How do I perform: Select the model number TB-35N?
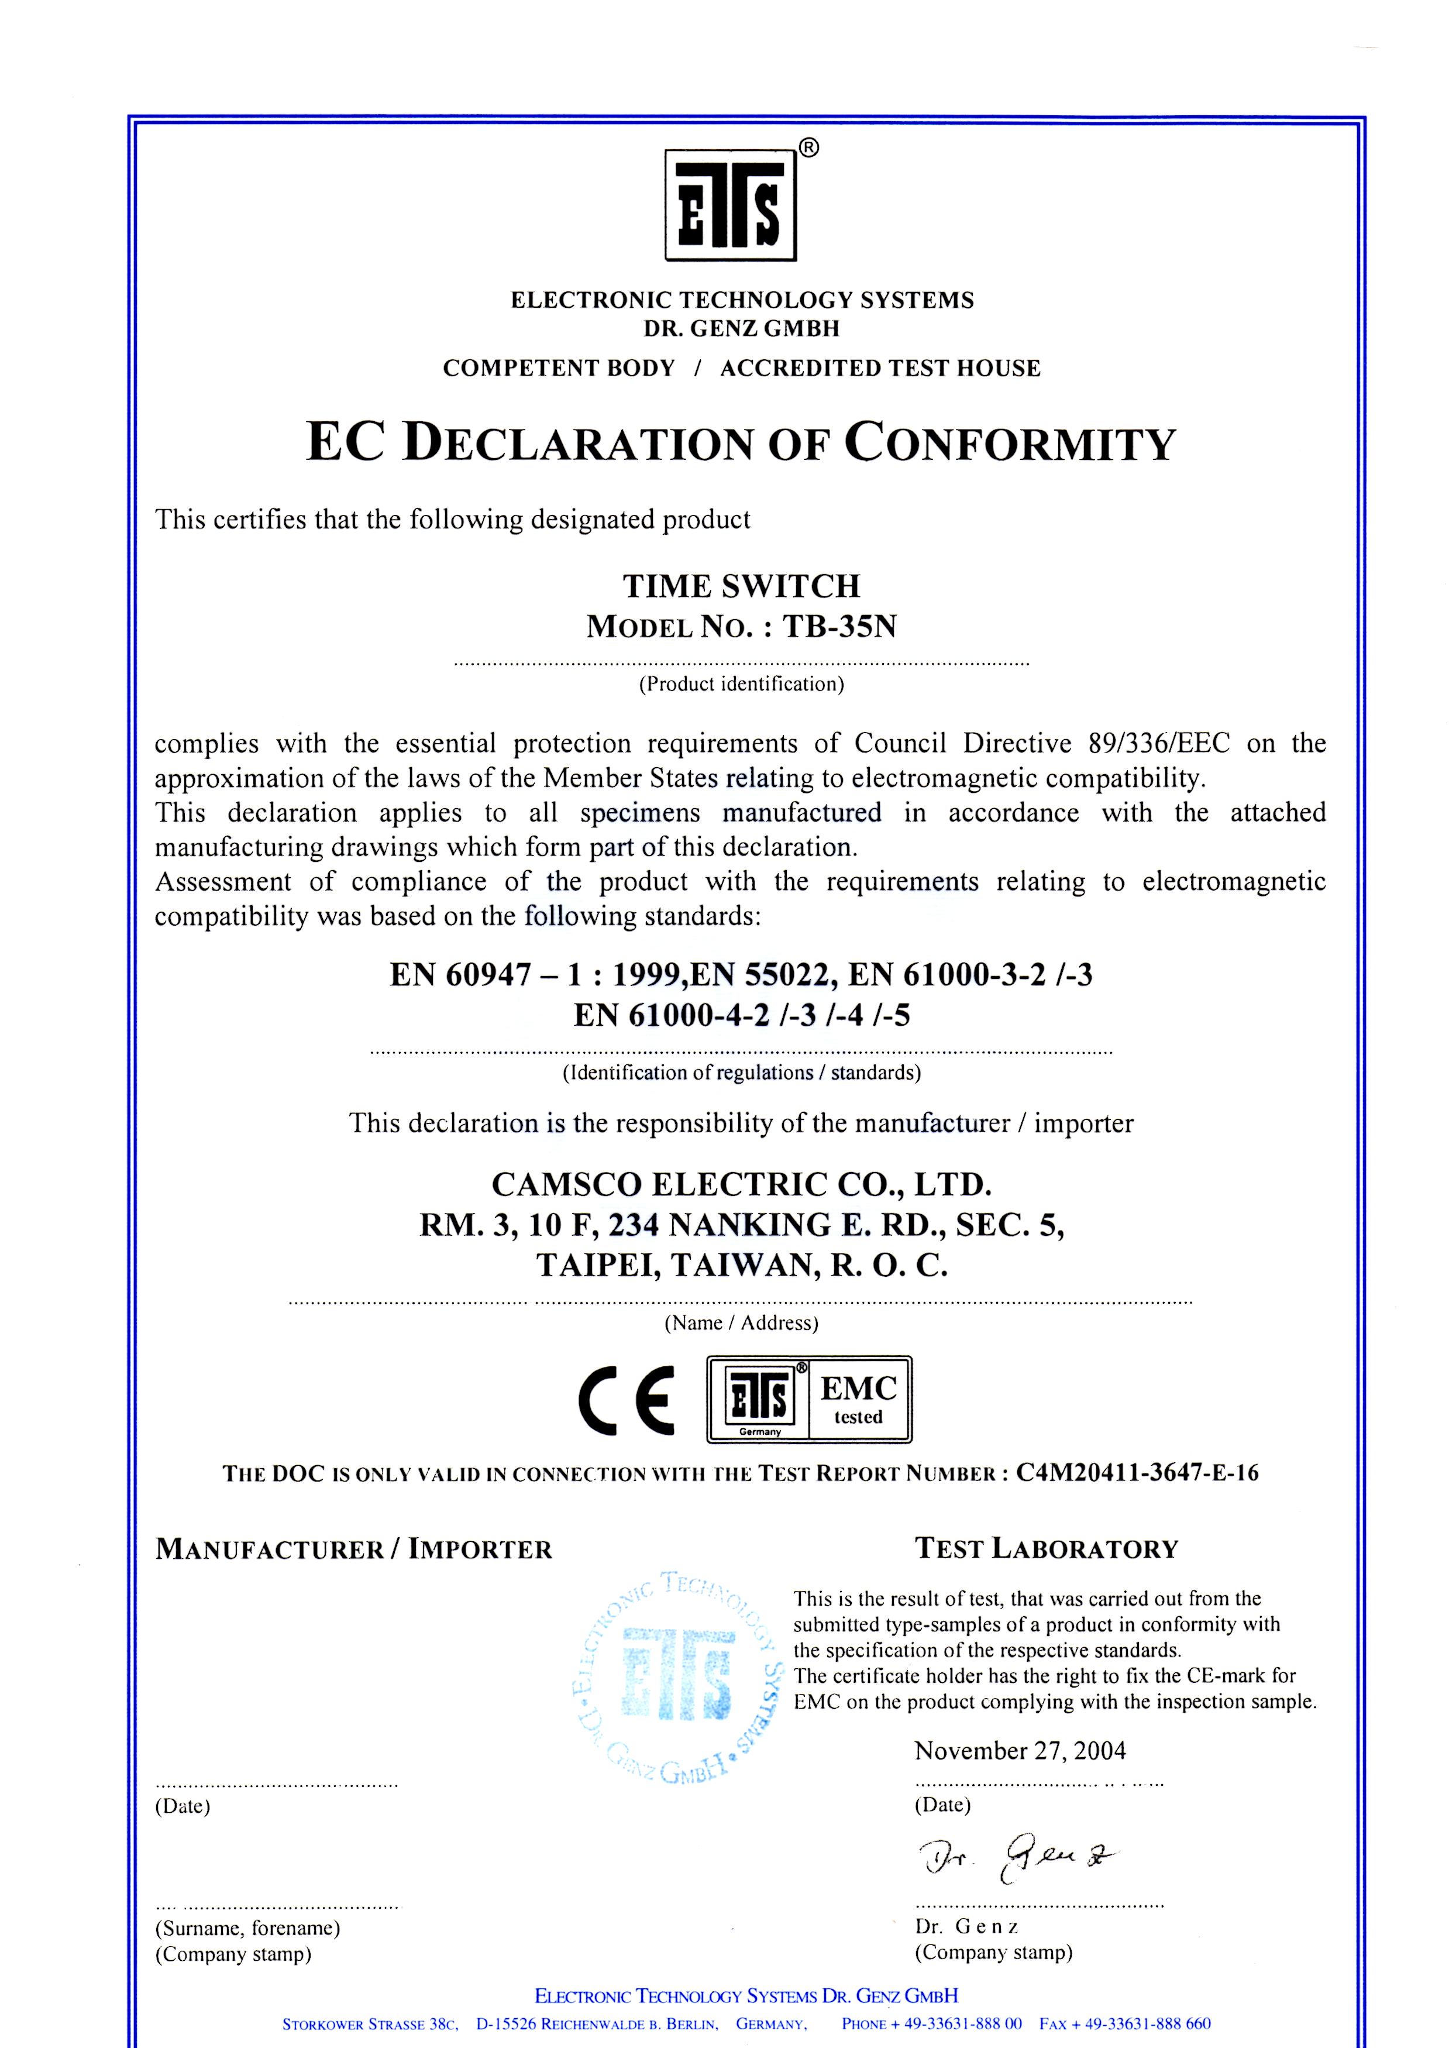[x=839, y=627]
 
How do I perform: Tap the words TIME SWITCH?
[x=741, y=586]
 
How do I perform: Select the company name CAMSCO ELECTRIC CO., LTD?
[x=741, y=1184]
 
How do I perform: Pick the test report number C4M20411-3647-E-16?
[x=1137, y=1473]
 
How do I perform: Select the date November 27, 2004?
[x=1020, y=1751]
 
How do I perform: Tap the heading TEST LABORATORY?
[x=1047, y=1549]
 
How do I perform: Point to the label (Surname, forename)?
[x=248, y=1927]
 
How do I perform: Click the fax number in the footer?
[x=1125, y=2024]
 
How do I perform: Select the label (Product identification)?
[x=741, y=685]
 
